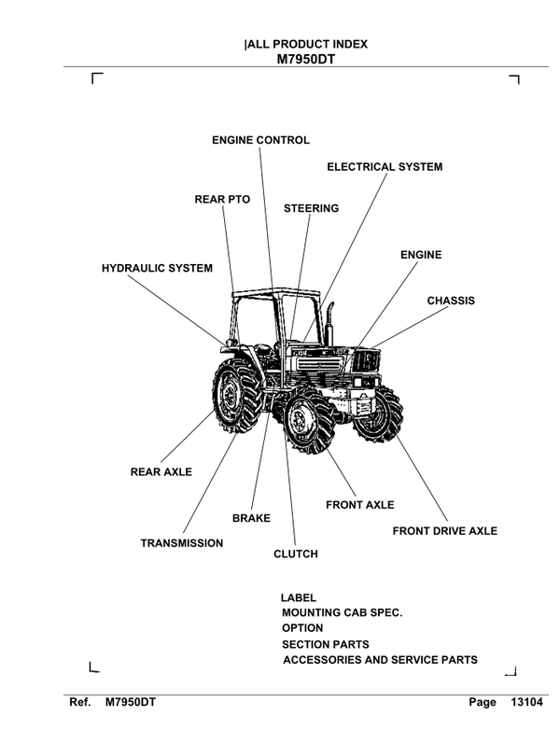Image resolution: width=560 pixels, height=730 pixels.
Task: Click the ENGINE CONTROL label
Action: (260, 140)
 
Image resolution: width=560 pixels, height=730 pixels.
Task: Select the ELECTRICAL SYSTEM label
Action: (385, 167)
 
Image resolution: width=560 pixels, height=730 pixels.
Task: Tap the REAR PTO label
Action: (222, 199)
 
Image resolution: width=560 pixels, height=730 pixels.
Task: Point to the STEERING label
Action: (311, 208)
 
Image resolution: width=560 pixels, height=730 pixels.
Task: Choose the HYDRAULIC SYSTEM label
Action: (157, 268)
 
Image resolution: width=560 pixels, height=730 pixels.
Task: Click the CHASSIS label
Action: (451, 301)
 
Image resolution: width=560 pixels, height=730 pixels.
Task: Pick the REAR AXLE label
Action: (161, 472)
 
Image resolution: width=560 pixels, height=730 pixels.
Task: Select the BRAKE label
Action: (251, 518)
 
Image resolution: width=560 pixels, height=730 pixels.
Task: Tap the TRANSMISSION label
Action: (182, 543)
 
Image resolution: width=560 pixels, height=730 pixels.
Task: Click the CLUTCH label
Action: (295, 555)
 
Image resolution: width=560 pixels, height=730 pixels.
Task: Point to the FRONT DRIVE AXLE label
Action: (444, 531)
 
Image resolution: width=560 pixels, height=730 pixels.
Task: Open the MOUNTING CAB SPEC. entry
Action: (342, 612)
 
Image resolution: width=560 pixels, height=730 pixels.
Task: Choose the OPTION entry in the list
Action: (302, 628)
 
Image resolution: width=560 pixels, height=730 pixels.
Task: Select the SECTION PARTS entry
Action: (325, 644)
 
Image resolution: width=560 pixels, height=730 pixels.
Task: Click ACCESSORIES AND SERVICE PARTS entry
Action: (380, 660)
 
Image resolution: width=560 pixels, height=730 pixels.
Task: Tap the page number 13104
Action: (526, 702)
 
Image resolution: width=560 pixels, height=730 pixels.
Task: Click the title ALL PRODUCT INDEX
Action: (306, 44)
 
